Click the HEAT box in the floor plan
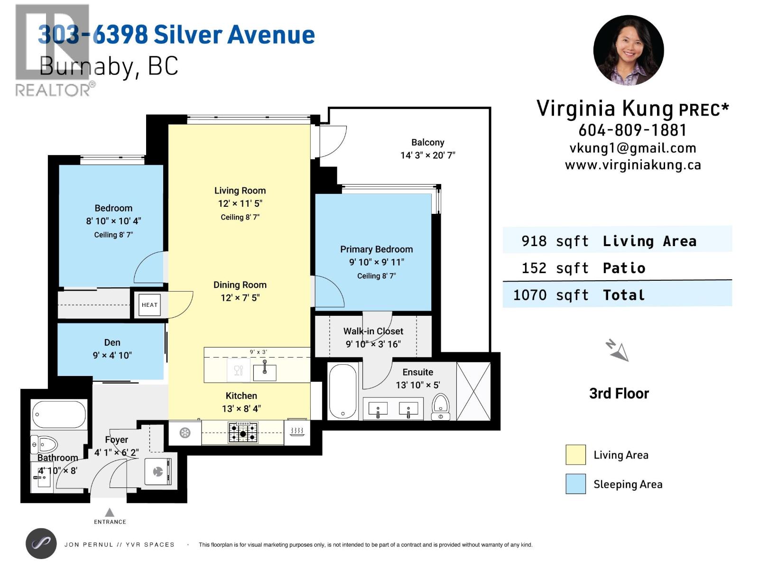[x=149, y=305]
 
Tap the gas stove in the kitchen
[x=243, y=432]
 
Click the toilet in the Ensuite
[x=441, y=407]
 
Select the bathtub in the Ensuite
[x=342, y=392]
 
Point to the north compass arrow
[x=617, y=350]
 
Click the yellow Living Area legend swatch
[x=575, y=455]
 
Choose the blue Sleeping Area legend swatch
[x=575, y=484]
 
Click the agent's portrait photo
[x=628, y=50]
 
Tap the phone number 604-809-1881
[x=632, y=130]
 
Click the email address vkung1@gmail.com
[x=633, y=148]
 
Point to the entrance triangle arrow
[x=110, y=512]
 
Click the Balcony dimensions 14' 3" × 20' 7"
[x=428, y=156]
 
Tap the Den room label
[x=112, y=342]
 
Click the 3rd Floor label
[x=619, y=394]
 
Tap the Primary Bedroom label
[x=376, y=249]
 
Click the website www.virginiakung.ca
[x=633, y=165]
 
